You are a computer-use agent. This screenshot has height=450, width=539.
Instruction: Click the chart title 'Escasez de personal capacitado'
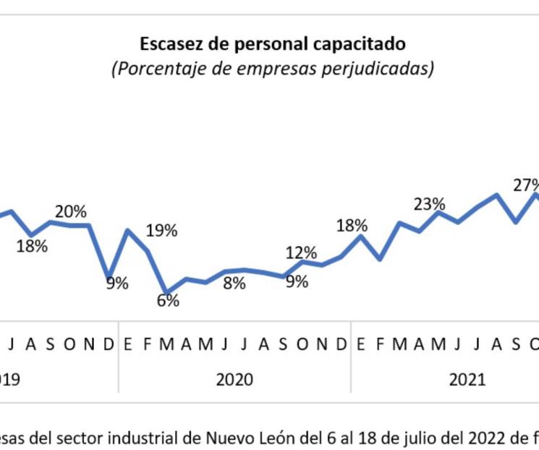[272, 43]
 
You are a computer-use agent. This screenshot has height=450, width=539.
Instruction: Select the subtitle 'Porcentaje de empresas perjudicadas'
[272, 69]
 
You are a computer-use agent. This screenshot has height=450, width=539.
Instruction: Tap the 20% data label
[71, 212]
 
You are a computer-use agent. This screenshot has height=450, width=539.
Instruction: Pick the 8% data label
[234, 284]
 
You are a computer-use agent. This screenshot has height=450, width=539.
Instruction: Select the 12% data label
[300, 252]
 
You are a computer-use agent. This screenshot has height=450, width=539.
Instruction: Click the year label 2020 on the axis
[234, 380]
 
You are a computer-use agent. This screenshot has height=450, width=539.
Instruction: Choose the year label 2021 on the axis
[467, 380]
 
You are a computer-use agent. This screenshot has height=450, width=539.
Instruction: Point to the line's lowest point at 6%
[167, 292]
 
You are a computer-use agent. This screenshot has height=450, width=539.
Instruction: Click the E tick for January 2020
[128, 344]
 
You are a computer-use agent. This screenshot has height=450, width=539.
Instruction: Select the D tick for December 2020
[341, 344]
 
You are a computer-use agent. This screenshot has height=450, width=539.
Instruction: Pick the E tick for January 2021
[360, 344]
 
